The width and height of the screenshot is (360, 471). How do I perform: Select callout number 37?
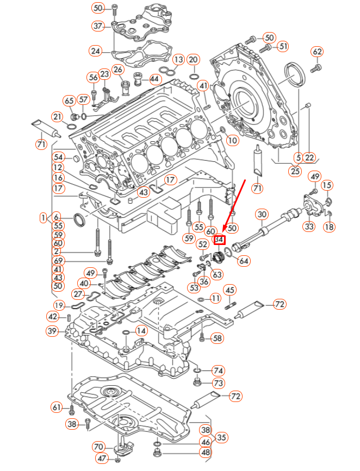click(x=98, y=26)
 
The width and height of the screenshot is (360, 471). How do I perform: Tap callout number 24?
click(x=96, y=52)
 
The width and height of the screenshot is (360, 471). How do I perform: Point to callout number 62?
click(x=317, y=52)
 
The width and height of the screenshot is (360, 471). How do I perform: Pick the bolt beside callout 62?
click(x=316, y=68)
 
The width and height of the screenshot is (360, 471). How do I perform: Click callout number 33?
click(x=309, y=226)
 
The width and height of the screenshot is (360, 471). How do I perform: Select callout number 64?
click(x=244, y=261)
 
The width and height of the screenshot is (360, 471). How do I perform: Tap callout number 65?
click(x=69, y=101)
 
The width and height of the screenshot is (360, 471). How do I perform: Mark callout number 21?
click(x=57, y=116)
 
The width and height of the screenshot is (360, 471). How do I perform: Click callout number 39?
click(x=52, y=331)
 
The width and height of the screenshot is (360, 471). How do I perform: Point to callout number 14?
click(x=141, y=330)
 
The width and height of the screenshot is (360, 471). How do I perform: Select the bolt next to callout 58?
click(x=202, y=338)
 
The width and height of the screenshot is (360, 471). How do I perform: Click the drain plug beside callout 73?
click(x=198, y=384)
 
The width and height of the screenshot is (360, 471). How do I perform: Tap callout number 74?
click(x=218, y=371)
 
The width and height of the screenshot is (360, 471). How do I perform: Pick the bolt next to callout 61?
click(x=71, y=407)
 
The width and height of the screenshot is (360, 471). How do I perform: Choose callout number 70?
click(x=98, y=447)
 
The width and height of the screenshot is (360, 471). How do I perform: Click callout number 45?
click(x=230, y=290)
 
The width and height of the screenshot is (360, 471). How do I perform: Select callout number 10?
click(x=232, y=140)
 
